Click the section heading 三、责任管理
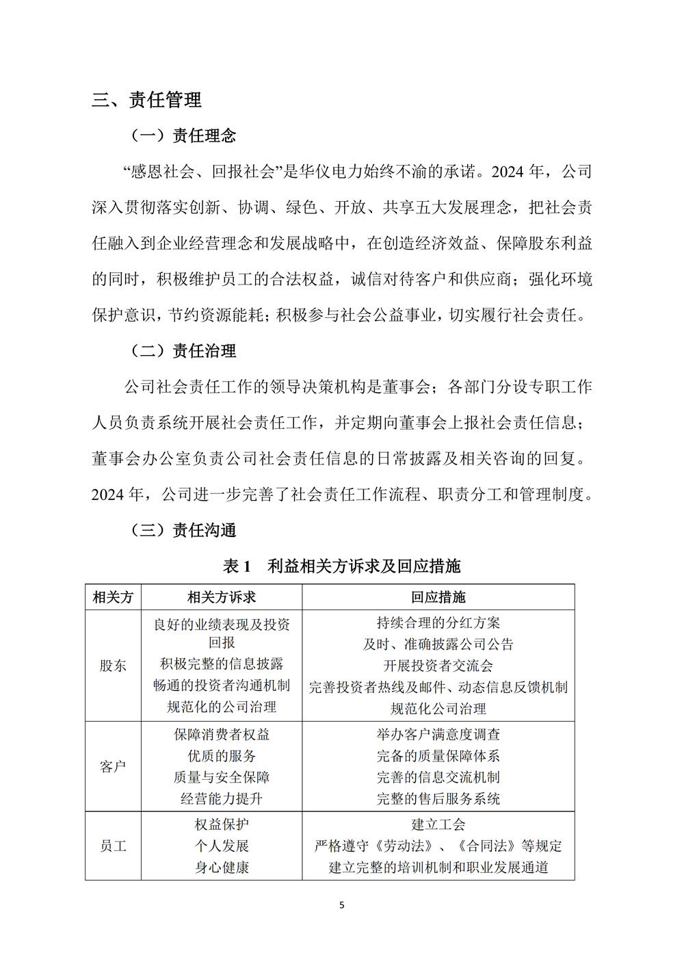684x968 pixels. pos(146,100)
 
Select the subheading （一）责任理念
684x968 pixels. pos(183,135)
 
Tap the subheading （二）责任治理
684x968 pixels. pos(183,351)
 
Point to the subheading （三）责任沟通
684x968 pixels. pos(183,530)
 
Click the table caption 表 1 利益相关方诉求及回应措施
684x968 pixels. pos(342,566)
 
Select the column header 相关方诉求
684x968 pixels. pos(222,597)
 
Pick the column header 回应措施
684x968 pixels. pos(438,597)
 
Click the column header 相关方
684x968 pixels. pos(113,597)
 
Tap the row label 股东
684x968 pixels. pos(113,665)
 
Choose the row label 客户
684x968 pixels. pos(113,766)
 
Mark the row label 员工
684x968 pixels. pos(113,846)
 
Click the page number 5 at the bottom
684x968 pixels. pos(342,905)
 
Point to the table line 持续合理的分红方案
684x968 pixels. pos(438,623)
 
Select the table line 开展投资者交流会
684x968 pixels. pos(438,665)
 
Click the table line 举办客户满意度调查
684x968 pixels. pos(438,734)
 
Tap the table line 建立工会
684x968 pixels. pos(438,824)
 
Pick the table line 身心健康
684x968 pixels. pos(222,867)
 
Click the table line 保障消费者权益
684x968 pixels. pos(222,734)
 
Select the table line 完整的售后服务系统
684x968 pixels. pos(438,798)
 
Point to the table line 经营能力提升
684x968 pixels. pos(222,798)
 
